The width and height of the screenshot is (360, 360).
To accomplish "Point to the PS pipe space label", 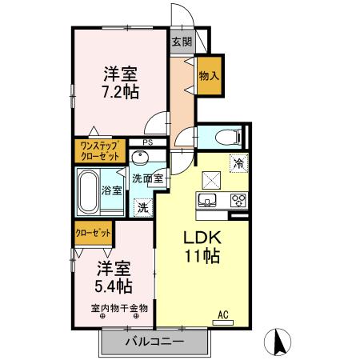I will [146, 143].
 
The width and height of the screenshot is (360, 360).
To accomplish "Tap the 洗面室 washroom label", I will [148, 178].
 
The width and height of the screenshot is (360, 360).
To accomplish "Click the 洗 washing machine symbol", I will [143, 207].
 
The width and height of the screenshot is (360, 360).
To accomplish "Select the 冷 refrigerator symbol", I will [238, 162].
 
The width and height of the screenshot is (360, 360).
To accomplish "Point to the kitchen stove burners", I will [238, 200].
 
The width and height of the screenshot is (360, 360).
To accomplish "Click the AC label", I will [226, 315].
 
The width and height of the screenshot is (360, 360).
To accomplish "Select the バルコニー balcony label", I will [154, 342].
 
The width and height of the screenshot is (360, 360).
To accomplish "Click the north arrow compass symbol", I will [281, 342].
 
